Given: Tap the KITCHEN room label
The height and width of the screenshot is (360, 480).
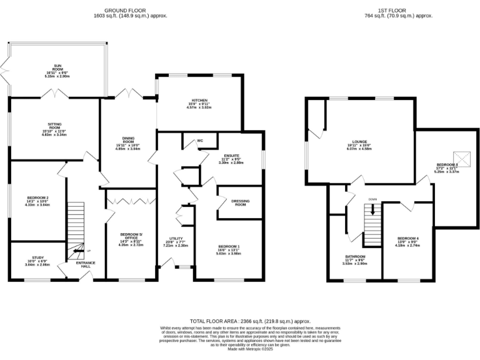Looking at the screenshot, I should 199,101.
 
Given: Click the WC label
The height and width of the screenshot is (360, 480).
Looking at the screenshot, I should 200,141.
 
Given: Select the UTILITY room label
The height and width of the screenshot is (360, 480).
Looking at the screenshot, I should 175,239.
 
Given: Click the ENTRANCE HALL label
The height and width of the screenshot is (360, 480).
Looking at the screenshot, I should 86,264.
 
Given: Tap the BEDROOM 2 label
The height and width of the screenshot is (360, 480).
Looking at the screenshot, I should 34,198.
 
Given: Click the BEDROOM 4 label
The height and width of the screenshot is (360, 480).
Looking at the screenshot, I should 407,238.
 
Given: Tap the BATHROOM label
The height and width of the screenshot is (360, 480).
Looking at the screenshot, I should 355,256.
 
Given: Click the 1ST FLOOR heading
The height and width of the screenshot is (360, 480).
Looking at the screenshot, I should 398,11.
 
